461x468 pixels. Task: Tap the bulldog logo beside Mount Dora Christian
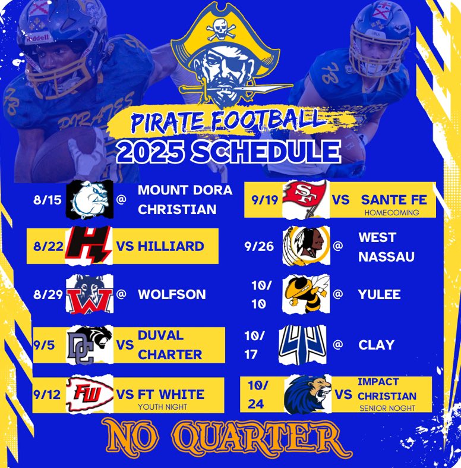[x=89, y=199]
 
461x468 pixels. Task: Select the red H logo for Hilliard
[x=89, y=246]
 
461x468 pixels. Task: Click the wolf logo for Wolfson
[x=89, y=294]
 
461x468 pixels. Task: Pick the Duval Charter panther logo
[x=89, y=345]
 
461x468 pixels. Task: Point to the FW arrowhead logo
[x=89, y=394]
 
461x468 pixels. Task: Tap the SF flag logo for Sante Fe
[x=304, y=199]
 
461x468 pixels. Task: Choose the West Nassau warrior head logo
[x=304, y=246]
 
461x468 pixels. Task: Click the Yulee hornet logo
[x=304, y=293]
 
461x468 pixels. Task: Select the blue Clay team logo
[x=304, y=344]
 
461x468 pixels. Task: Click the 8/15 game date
[x=47, y=199]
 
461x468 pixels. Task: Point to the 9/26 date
[x=258, y=246]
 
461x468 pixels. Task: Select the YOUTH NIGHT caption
[x=162, y=407]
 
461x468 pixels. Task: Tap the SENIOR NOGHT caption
[x=387, y=409]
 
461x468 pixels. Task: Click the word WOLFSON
[x=172, y=294]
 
